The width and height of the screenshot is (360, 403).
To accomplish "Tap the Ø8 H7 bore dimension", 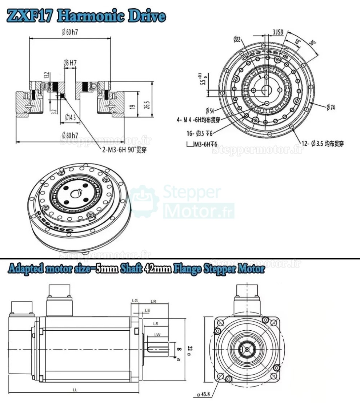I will (x=70, y=63).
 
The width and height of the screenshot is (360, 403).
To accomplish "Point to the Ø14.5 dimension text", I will (x=70, y=117).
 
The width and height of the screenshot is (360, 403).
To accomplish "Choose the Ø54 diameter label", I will (x=209, y=110).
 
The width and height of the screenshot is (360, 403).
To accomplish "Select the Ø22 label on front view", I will (x=237, y=39).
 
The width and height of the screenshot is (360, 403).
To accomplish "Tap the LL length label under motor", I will (x=75, y=390).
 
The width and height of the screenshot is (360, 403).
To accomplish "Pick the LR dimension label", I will (x=153, y=301).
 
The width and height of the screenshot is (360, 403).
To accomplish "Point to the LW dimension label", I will (x=157, y=334).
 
